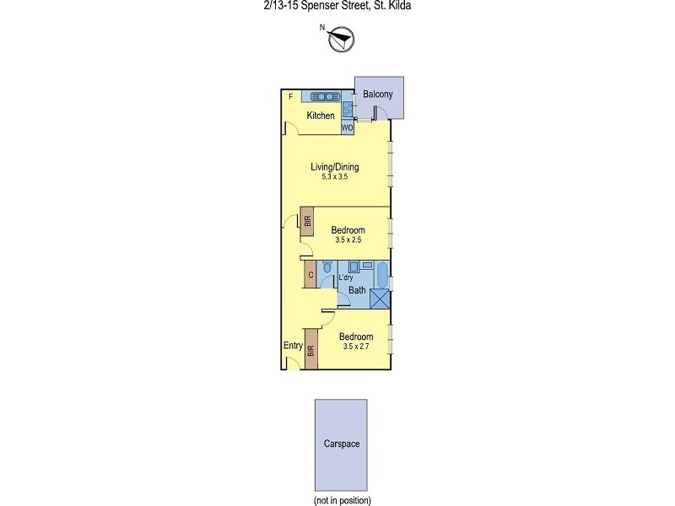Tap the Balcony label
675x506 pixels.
pyautogui.click(x=377, y=94)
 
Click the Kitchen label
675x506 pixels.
pyautogui.click(x=321, y=116)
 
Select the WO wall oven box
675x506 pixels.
pyautogui.click(x=347, y=128)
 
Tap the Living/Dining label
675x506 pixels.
pyautogui.click(x=334, y=167)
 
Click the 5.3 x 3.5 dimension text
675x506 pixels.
pyautogui.click(x=334, y=177)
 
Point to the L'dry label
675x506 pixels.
pyautogui.click(x=346, y=277)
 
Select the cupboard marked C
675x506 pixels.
pyautogui.click(x=310, y=275)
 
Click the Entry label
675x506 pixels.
pyautogui.click(x=293, y=345)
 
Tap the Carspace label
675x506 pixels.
pyautogui.click(x=341, y=444)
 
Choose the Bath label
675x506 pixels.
pyautogui.click(x=358, y=290)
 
